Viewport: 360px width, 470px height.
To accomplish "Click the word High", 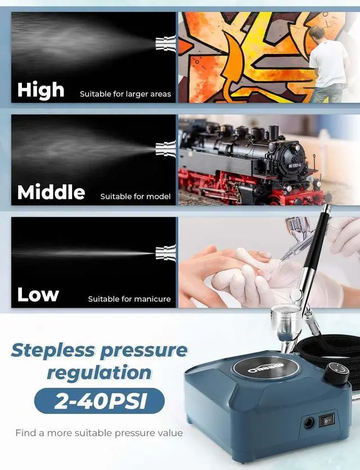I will click(40, 89).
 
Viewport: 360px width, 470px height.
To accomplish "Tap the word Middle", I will click(51, 192).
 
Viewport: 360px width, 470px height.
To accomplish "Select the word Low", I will click(38, 294).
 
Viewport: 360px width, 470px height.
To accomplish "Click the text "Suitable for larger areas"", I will click(125, 94).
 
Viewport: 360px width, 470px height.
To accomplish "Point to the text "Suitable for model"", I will click(136, 196).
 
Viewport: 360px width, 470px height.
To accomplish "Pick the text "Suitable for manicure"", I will click(129, 299).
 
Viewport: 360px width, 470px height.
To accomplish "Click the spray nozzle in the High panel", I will click(166, 43).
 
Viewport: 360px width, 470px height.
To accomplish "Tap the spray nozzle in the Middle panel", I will click(166, 149).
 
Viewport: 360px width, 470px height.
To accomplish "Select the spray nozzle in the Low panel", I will click(166, 252).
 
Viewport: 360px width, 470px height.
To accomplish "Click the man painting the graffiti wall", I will click(328, 62).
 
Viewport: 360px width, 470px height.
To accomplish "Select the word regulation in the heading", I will click(98, 373).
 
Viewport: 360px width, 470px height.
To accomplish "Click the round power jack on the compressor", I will click(309, 423).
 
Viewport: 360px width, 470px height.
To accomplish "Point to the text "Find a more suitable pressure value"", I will click(99, 433).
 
